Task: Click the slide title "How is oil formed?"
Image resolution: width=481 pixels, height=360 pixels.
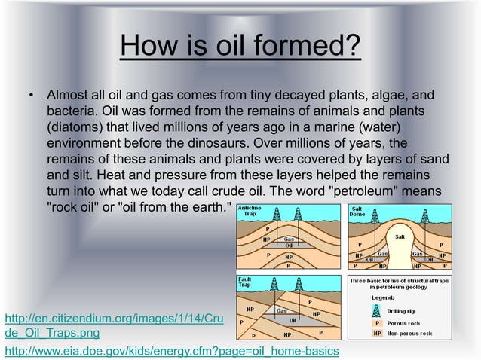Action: tap(240, 48)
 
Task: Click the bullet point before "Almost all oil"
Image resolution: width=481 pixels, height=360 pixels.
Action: tap(32, 97)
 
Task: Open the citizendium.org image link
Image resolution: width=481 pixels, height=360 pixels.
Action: tap(113, 325)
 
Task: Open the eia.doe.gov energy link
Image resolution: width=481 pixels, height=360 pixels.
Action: tap(172, 352)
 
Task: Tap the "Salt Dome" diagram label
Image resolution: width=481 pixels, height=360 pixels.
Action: tap(358, 209)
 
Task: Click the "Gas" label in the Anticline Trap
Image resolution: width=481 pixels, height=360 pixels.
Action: tap(288, 236)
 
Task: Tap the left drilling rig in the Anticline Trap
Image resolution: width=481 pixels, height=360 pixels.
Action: tap(277, 214)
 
